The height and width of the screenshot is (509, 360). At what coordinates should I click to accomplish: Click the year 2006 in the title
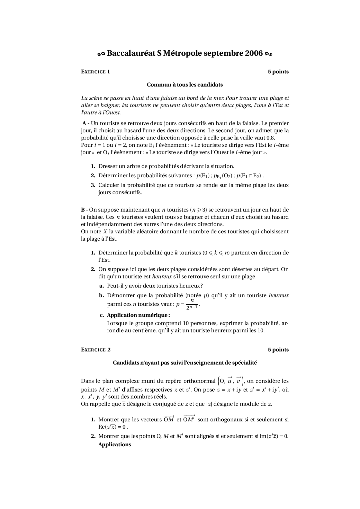(254, 53)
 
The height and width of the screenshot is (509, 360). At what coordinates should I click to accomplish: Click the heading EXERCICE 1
(95, 72)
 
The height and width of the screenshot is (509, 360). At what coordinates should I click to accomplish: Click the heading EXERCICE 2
(96, 350)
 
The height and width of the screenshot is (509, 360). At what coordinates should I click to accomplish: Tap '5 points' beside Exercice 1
(278, 72)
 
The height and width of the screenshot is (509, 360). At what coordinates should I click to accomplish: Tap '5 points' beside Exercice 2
(278, 350)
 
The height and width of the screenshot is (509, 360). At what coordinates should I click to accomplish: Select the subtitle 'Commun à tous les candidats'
(185, 85)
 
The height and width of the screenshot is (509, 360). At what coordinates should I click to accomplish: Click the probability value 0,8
(270, 138)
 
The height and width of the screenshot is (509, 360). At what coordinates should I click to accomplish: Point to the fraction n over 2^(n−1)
(192, 304)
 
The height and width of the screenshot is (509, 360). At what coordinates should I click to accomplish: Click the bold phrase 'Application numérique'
(138, 315)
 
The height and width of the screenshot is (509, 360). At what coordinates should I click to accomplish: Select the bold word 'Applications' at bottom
(114, 445)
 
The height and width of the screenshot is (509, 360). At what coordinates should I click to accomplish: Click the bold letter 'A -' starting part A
(86, 123)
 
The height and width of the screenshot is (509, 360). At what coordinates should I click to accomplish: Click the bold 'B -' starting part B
(84, 210)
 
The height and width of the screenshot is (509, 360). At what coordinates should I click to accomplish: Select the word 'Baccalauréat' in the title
(131, 53)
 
